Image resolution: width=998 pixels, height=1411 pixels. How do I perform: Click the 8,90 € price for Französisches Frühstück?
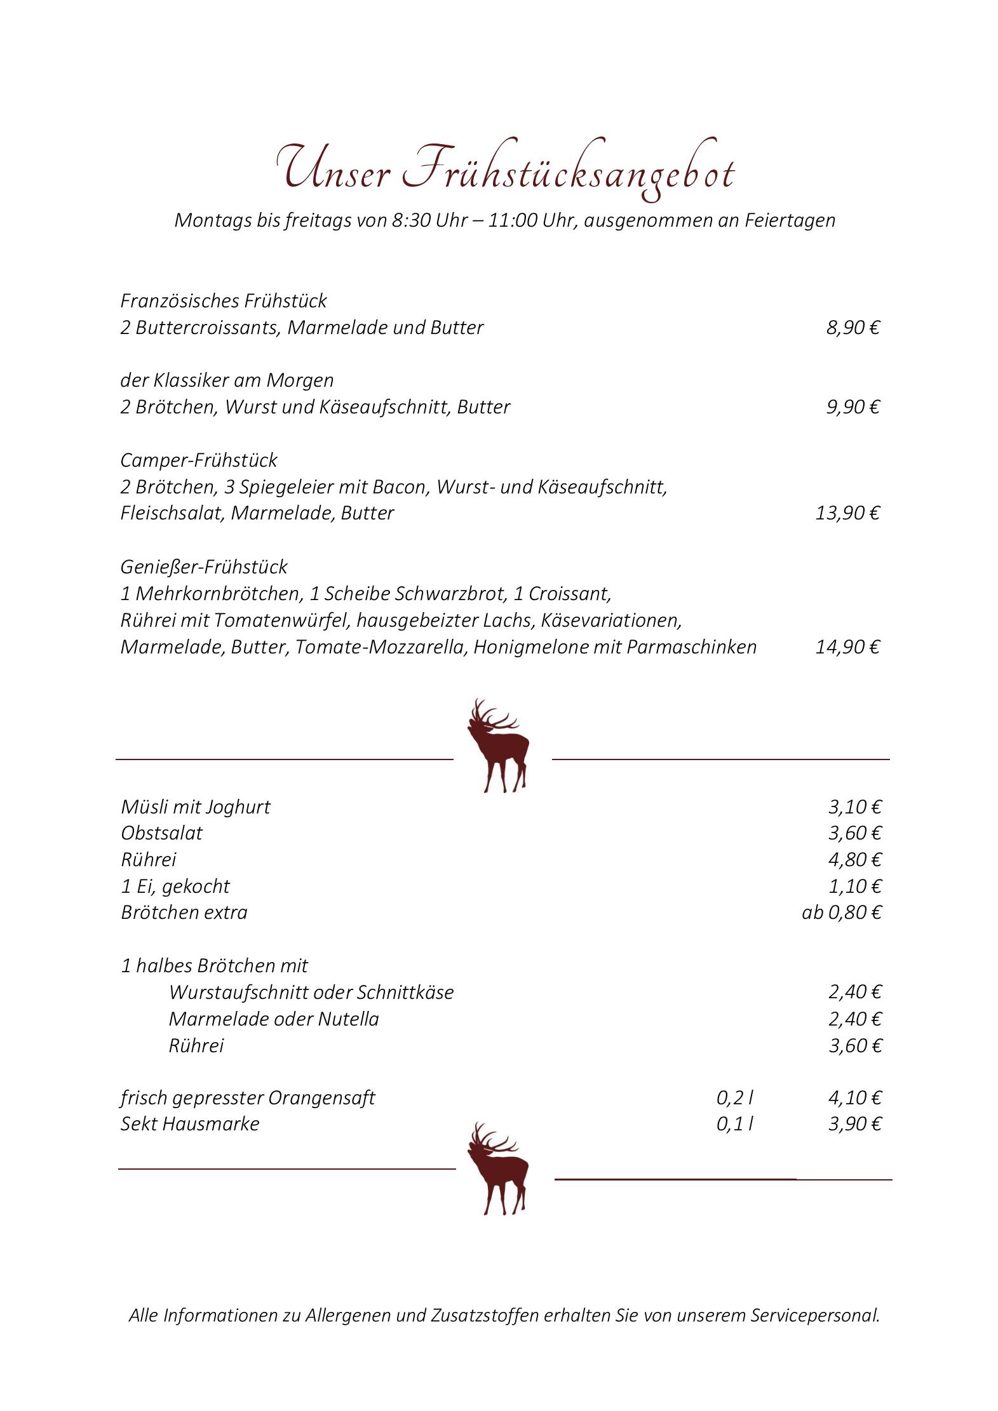(853, 328)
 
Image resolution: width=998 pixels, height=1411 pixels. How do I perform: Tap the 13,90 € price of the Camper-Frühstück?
(847, 512)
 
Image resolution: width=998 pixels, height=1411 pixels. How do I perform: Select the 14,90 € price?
(847, 647)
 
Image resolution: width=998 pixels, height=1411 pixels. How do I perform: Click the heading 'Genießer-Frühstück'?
(204, 566)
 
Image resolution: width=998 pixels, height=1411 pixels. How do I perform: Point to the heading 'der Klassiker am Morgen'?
(227, 380)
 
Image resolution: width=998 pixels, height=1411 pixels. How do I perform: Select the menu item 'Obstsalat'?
(161, 833)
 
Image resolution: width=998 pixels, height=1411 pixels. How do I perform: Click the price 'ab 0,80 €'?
(841, 913)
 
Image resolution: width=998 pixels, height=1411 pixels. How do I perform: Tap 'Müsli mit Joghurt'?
(196, 807)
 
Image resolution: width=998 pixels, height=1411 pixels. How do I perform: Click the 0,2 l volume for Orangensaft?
(735, 1098)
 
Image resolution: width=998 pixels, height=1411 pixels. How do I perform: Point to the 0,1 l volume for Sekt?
(735, 1124)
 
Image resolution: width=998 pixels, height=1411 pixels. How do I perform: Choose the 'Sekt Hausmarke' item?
(190, 1124)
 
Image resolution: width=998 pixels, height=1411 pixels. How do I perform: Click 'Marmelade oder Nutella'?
(274, 1019)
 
